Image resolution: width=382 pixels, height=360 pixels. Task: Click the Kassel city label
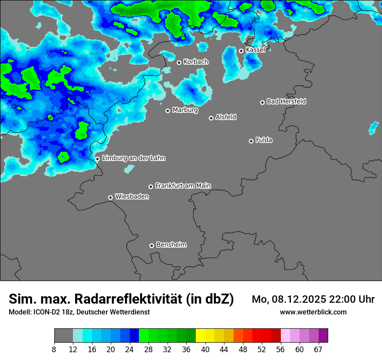[x=255, y=50]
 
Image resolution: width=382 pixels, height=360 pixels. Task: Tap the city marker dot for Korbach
[x=179, y=62]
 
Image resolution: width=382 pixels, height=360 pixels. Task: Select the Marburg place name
[x=185, y=110]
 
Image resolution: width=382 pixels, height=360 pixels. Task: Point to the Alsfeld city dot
[x=211, y=118]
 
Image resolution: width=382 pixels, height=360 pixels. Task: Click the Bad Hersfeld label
[x=286, y=101]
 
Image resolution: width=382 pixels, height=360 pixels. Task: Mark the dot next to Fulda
[x=251, y=141]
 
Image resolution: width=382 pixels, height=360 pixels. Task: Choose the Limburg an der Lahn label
[x=133, y=158]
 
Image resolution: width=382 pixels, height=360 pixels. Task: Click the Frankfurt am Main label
[x=183, y=186]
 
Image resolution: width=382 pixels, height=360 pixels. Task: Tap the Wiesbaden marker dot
[x=110, y=197]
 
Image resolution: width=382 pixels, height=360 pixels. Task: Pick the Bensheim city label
[x=171, y=245]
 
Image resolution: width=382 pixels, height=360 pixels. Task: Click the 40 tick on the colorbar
[x=205, y=349]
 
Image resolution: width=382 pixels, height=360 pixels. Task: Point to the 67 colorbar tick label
[x=318, y=349]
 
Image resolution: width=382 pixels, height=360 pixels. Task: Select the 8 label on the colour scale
[x=54, y=349]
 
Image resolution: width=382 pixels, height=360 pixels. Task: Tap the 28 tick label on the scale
[x=148, y=349]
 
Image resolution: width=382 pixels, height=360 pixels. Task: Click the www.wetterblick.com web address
[x=313, y=312]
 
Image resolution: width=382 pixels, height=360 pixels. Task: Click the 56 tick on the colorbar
[x=280, y=349]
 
